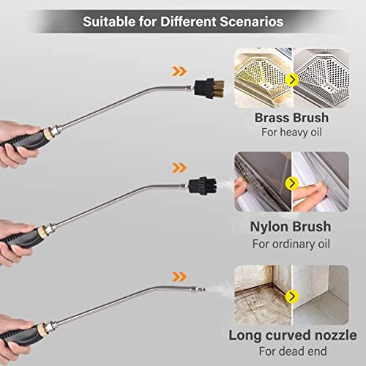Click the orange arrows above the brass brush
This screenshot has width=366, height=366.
click(178, 71)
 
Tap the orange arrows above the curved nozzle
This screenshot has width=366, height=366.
click(178, 275)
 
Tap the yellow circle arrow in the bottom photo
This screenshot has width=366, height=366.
click(294, 296)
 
